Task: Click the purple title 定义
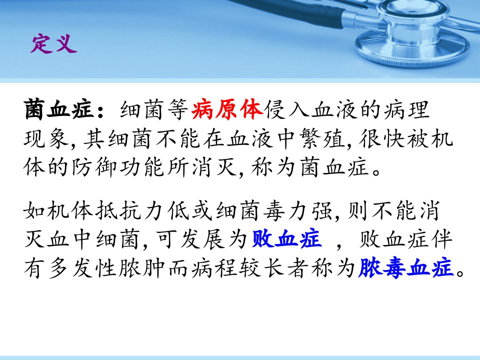coord(53,44)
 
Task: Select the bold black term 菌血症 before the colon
coord(59,109)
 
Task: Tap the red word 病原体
coord(227,109)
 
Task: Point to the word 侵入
coord(287,109)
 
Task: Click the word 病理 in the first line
coord(407,109)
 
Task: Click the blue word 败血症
coord(287,239)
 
